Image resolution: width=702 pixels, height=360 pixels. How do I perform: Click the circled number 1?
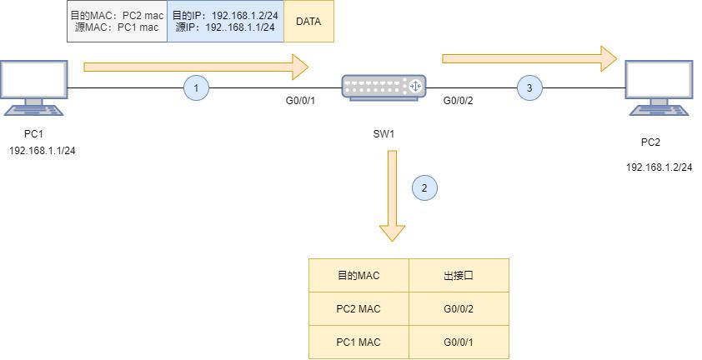pos(196,87)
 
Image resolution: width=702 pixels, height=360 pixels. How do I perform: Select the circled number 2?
pos(424,187)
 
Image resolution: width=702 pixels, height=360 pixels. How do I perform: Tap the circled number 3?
pos(529,87)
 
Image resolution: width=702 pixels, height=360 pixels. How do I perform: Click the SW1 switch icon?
pos(384,86)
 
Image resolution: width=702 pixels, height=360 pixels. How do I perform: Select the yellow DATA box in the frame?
pos(308,22)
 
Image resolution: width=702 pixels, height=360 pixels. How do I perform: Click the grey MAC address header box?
pos(117,22)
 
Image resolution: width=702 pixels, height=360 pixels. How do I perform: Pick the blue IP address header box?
pos(226,22)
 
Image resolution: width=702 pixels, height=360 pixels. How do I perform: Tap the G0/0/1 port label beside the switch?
pos(300,101)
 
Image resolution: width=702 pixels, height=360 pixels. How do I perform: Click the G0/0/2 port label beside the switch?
pos(458,101)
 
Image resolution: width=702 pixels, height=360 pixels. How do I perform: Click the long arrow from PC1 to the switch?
pos(195,65)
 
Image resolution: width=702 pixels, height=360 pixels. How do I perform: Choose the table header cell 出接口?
pos(459,275)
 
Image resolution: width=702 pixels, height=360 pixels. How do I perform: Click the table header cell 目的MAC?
pos(359,275)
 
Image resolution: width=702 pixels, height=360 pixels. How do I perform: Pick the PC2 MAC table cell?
pos(359,308)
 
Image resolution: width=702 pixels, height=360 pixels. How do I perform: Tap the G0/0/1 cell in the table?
pos(459,342)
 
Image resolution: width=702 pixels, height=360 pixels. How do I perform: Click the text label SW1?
pos(384,134)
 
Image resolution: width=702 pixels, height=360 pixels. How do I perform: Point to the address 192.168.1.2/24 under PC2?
pos(659,167)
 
